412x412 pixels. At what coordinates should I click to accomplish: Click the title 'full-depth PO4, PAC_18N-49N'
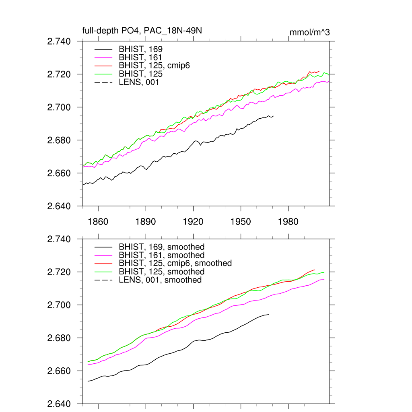point(136,31)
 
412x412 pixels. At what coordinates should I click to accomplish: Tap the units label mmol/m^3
point(309,32)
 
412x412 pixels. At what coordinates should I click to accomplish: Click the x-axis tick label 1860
point(98,222)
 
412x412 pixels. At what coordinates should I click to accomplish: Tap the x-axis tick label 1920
point(193,222)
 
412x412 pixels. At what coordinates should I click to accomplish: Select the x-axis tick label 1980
point(288,222)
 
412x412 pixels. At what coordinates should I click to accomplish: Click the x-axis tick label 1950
point(241,222)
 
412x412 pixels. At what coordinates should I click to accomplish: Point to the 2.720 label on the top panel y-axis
point(59,74)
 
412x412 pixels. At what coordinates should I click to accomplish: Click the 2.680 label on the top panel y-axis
point(59,140)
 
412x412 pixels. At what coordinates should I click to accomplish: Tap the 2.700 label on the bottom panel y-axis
point(59,305)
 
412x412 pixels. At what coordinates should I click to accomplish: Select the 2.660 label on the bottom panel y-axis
point(59,371)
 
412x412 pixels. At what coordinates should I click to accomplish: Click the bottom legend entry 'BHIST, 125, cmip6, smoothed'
point(175,264)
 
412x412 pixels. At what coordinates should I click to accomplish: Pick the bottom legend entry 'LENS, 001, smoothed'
point(160,280)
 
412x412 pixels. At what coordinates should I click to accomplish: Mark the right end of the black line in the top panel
point(274,116)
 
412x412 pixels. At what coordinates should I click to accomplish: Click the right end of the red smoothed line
point(315,270)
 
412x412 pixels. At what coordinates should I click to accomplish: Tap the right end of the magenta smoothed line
point(324,280)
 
